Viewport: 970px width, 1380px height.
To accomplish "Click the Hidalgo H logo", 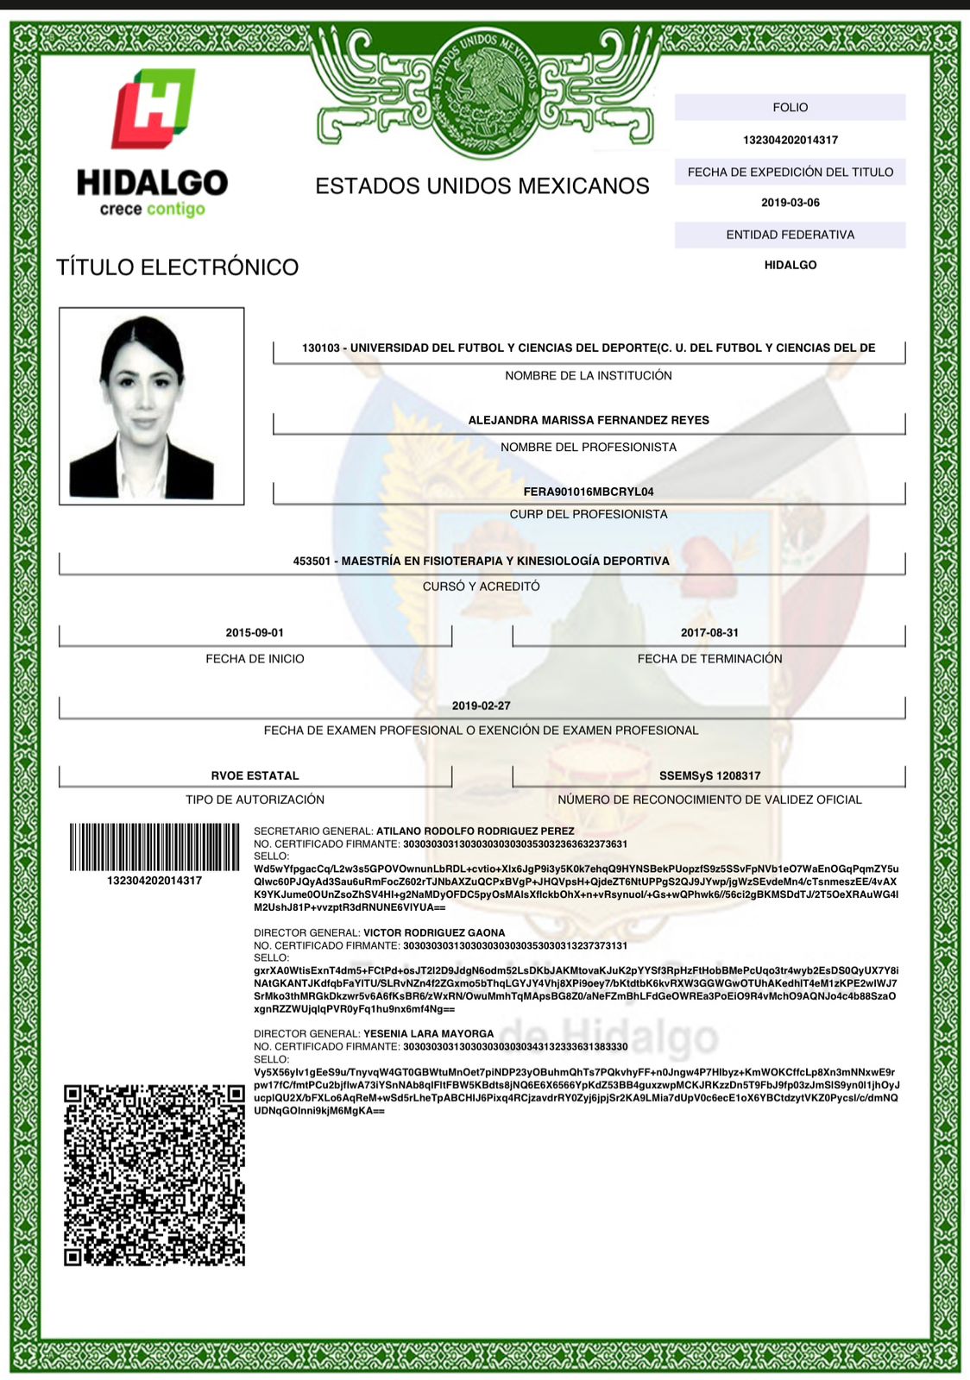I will pyautogui.click(x=153, y=108).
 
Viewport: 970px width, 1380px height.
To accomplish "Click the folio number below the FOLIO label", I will pyautogui.click(x=790, y=140).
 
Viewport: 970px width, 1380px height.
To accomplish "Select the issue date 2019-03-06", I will pyautogui.click(x=790, y=203).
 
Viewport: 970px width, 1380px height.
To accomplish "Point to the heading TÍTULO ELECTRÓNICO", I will pyautogui.click(x=177, y=267).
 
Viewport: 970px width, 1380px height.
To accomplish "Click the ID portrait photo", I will pyautogui.click(x=151, y=405).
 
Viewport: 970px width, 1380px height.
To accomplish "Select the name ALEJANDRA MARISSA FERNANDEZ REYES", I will pyautogui.click(x=589, y=420).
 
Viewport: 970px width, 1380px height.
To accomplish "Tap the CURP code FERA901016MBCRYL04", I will pyautogui.click(x=589, y=492).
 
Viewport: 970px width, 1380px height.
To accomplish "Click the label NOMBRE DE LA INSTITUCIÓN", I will pyautogui.click(x=589, y=375).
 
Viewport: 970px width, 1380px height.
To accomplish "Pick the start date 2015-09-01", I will pyautogui.click(x=255, y=632).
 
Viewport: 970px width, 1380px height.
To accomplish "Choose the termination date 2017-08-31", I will pyautogui.click(x=709, y=632).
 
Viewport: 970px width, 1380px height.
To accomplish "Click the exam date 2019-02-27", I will pyautogui.click(x=482, y=706).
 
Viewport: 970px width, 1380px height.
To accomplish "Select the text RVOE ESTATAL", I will pyautogui.click(x=255, y=775).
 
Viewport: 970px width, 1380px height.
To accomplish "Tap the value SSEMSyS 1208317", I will pyautogui.click(x=709, y=775).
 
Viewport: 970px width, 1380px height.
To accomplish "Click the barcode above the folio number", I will pyautogui.click(x=154, y=847).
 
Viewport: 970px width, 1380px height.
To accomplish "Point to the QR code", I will pyautogui.click(x=154, y=1175).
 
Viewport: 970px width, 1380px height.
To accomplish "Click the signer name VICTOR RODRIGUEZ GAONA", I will pyautogui.click(x=434, y=932).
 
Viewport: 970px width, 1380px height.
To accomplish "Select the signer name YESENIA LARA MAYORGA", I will pyautogui.click(x=428, y=1033).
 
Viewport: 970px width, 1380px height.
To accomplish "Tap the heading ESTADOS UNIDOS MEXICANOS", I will pyautogui.click(x=482, y=185).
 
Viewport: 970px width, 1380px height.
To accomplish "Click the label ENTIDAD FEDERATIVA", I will pyautogui.click(x=790, y=235).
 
